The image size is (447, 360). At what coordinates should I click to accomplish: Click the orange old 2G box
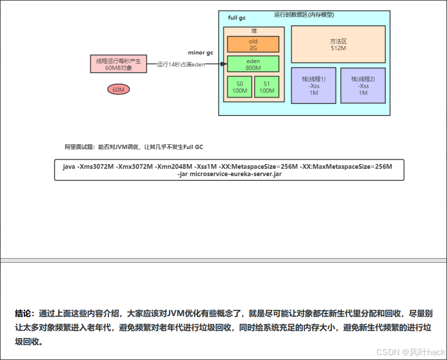253,44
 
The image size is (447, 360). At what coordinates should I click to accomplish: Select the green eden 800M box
253,64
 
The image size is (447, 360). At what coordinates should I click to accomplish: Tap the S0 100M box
240,87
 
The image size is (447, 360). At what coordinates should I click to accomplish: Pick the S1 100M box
266,87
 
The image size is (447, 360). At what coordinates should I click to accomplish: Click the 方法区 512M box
338,44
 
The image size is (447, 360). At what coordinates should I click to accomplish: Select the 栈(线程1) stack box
313,86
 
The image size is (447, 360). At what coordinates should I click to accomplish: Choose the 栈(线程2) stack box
363,86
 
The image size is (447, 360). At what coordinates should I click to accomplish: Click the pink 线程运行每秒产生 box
119,64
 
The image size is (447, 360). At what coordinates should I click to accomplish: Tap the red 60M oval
119,90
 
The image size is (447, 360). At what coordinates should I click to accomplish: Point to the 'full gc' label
237,18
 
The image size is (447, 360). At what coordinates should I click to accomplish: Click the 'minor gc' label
201,53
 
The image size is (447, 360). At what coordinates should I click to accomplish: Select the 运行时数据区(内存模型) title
304,15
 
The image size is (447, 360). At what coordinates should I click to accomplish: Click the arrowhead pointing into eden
224,64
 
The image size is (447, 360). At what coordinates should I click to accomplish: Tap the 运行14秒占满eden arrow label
181,64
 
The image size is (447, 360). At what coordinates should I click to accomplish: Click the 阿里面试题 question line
134,147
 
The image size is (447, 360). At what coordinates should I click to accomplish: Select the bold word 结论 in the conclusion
24,314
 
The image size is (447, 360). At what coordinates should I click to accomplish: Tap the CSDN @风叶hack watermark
410,352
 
